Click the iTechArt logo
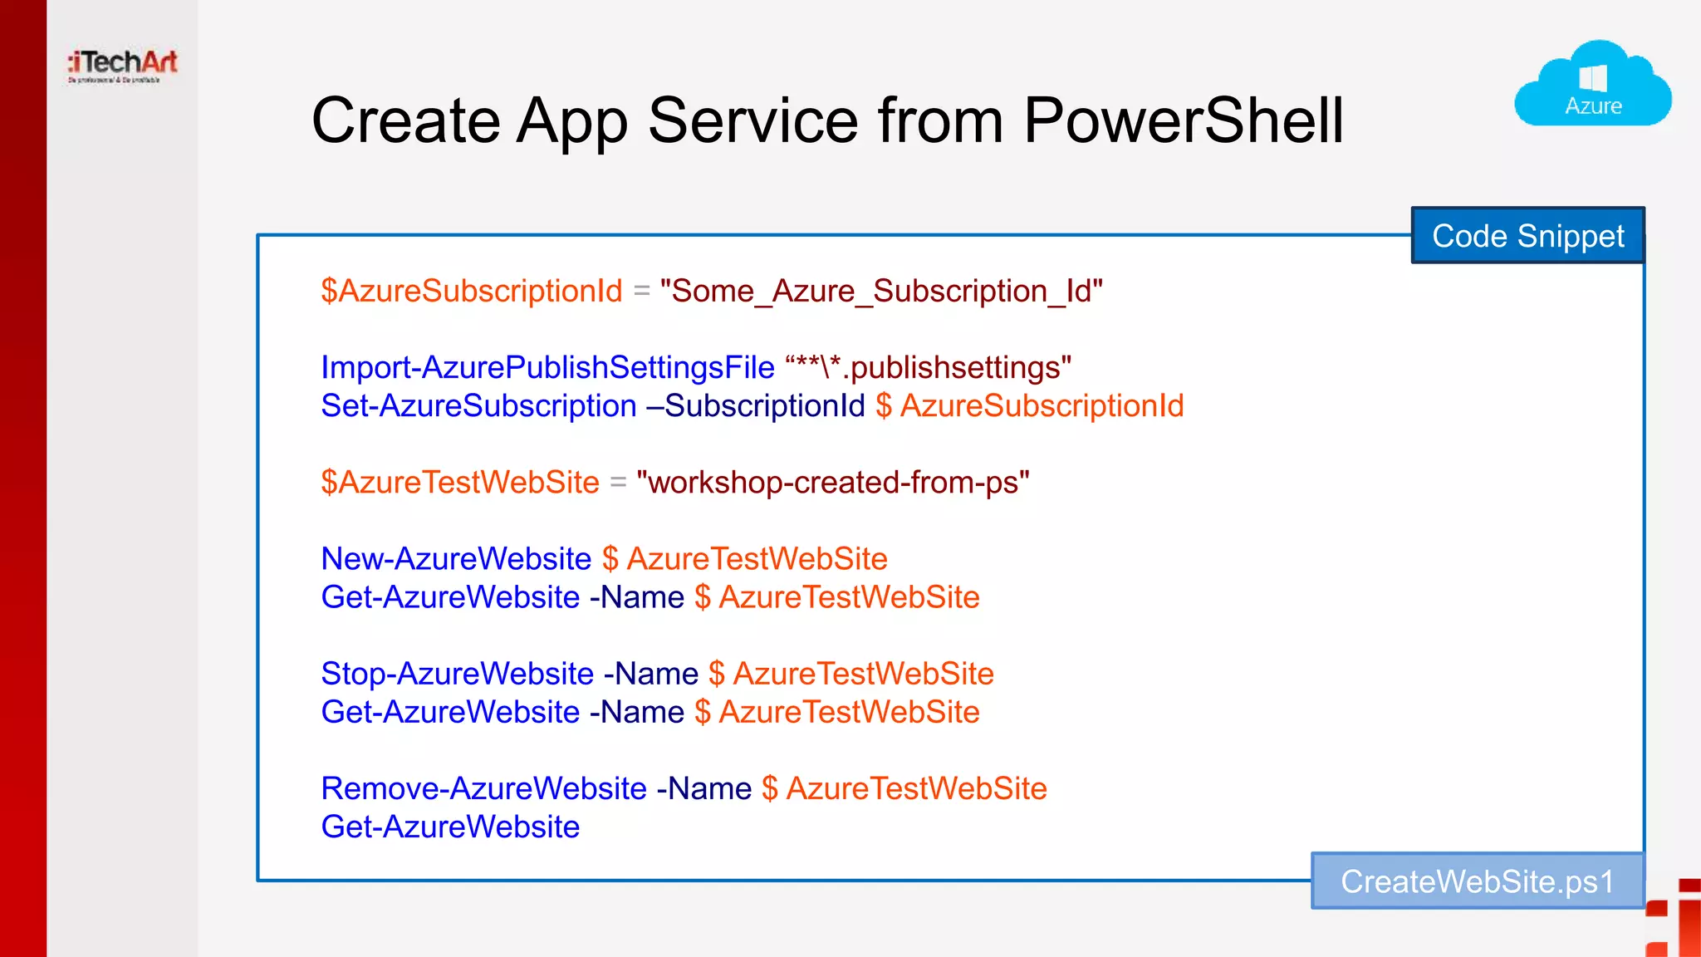(123, 65)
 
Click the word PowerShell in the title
(1183, 121)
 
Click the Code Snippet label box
(1527, 236)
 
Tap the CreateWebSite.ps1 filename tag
(1477, 881)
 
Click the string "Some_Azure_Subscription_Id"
(880, 292)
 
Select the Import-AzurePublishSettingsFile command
(547, 368)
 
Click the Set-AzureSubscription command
(478, 406)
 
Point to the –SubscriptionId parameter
(755, 406)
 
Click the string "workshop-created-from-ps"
(832, 483)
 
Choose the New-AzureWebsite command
(456, 559)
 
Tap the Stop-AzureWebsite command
(457, 674)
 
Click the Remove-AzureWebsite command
(483, 788)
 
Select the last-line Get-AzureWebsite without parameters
(450, 827)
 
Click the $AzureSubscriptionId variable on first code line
(471, 292)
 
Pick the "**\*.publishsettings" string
(928, 368)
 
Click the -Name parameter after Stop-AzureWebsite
(650, 674)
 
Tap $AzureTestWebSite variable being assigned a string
(459, 483)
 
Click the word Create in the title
(405, 121)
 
